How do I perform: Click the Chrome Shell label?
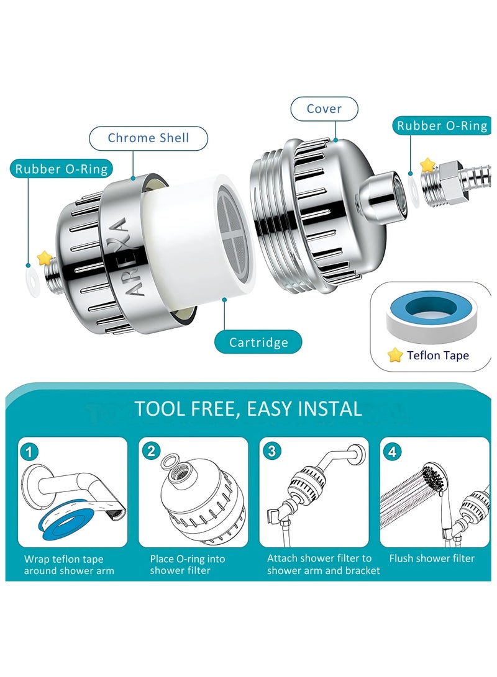coord(148,138)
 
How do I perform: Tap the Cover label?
coord(324,109)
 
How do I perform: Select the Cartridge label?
coord(258,343)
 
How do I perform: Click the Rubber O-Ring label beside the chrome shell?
coord(62,168)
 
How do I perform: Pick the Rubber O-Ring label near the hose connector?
coord(442,125)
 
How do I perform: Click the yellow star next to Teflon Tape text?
coord(395,355)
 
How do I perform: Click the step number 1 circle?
coord(29,452)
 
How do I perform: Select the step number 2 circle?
coord(151,451)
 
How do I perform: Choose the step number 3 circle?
coord(272,451)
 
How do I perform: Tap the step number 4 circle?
coord(393,452)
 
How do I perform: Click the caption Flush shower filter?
coord(432,558)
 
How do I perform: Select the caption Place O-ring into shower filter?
coord(188,565)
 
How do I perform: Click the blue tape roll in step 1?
coord(69,522)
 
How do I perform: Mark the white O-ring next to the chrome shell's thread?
coord(33,282)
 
